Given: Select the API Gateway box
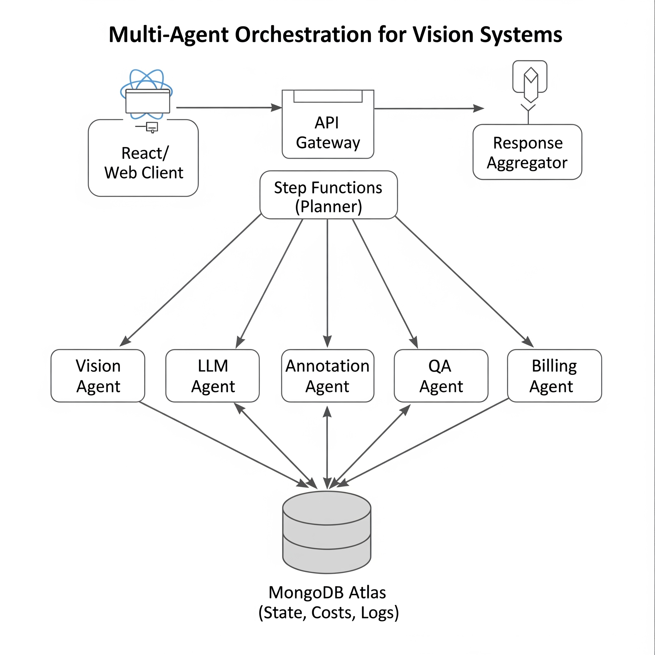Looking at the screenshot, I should (x=327, y=132).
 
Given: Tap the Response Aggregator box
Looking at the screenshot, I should (x=527, y=152).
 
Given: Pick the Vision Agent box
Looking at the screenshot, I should (x=98, y=376).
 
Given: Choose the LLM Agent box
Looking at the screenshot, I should (x=213, y=376).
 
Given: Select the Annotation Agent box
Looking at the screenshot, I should (x=327, y=376).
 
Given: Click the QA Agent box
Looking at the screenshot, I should (x=441, y=376).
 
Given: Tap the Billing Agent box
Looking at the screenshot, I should (x=554, y=376).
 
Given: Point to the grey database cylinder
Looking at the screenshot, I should (x=327, y=532).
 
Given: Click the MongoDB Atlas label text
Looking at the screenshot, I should (x=327, y=593).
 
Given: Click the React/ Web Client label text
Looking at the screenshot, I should (x=144, y=163).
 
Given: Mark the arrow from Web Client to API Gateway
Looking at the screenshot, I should (x=227, y=108).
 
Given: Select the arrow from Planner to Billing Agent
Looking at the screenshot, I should (x=464, y=281).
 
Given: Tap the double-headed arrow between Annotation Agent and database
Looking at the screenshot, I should (x=327, y=447).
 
